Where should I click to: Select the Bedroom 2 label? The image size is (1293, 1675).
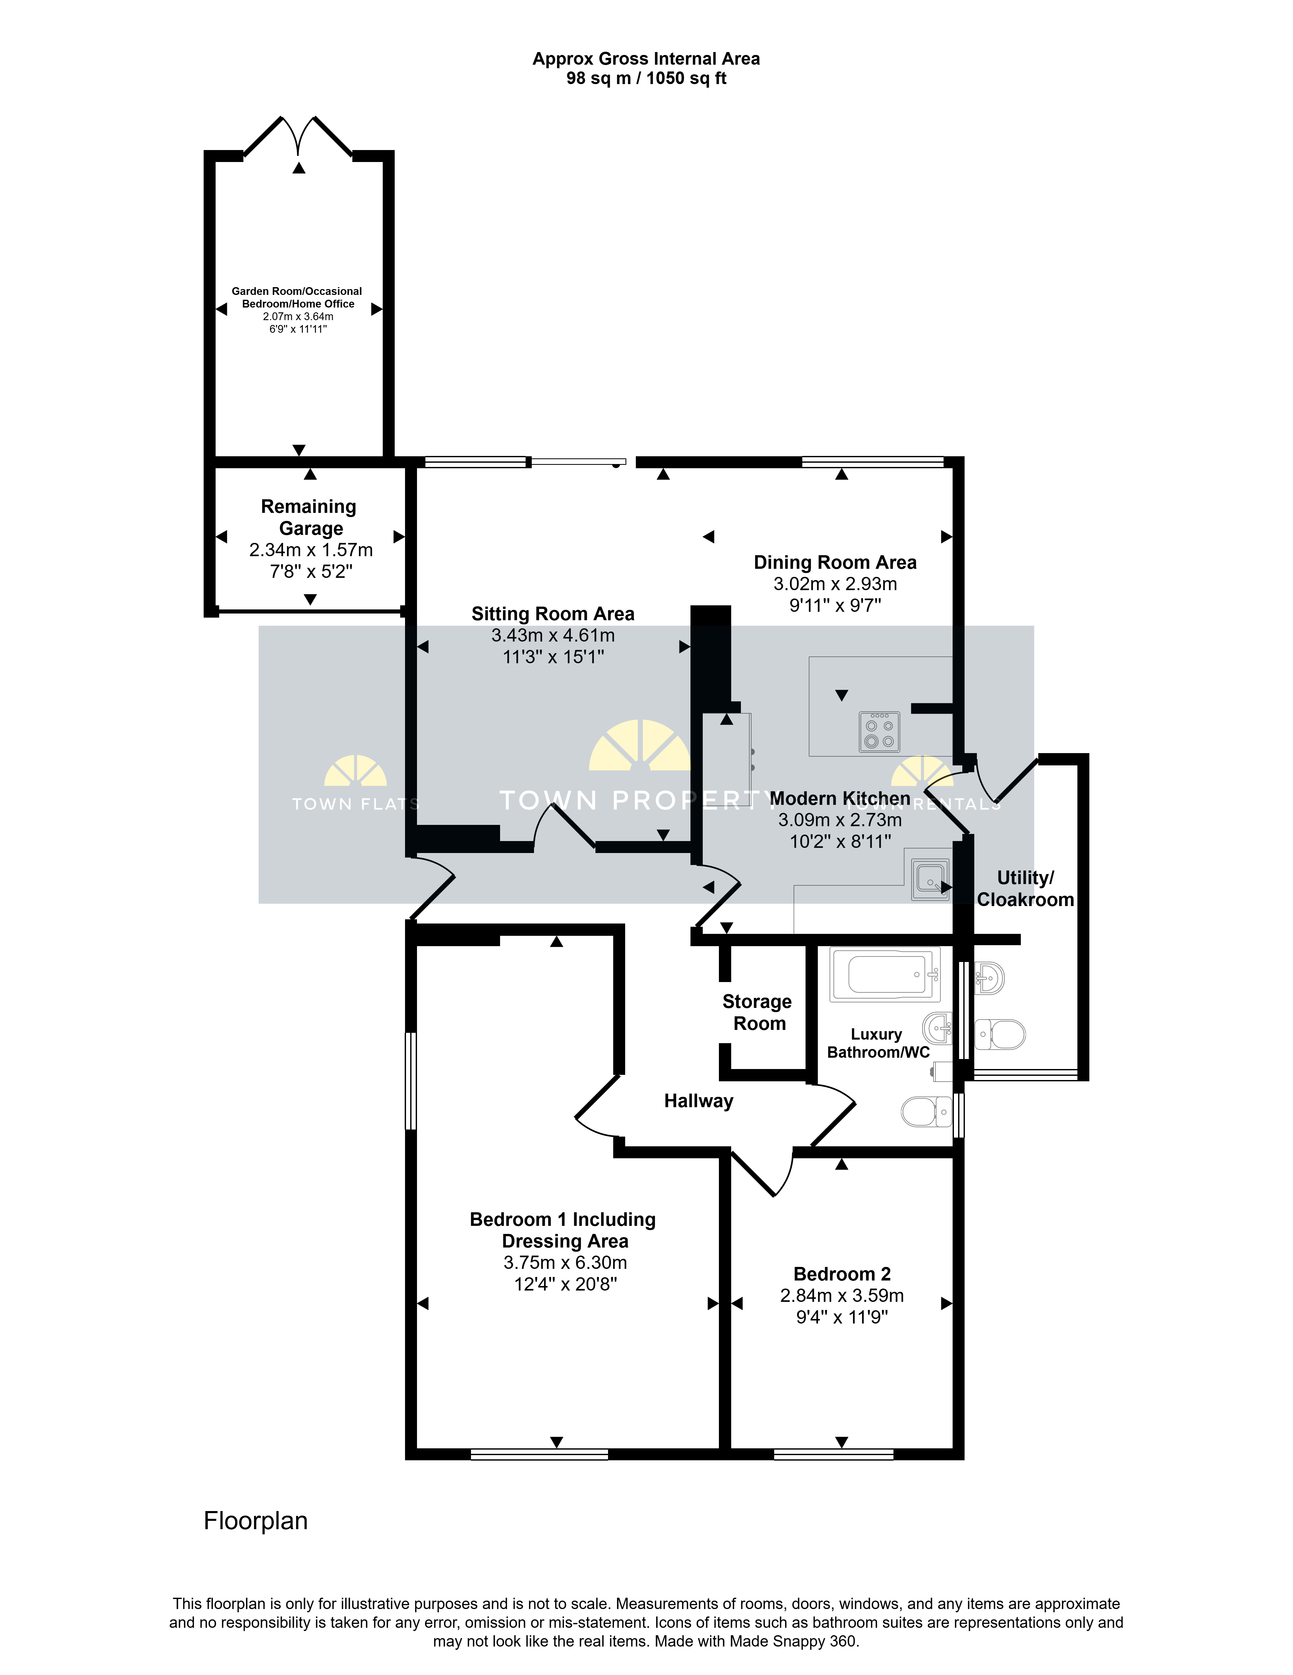(842, 1274)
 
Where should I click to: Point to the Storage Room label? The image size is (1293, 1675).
(758, 1012)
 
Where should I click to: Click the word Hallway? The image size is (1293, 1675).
(699, 1101)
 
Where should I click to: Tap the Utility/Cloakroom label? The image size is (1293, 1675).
(1025, 889)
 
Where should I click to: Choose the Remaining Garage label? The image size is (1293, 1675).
(309, 518)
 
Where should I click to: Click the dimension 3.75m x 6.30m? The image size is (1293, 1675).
(565, 1262)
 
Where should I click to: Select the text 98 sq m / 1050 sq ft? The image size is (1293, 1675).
(646, 78)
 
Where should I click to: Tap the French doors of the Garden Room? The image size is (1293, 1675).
(298, 136)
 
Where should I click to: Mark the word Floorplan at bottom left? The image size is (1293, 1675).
(255, 1521)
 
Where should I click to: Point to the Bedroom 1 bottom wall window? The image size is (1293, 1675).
(539, 1454)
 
